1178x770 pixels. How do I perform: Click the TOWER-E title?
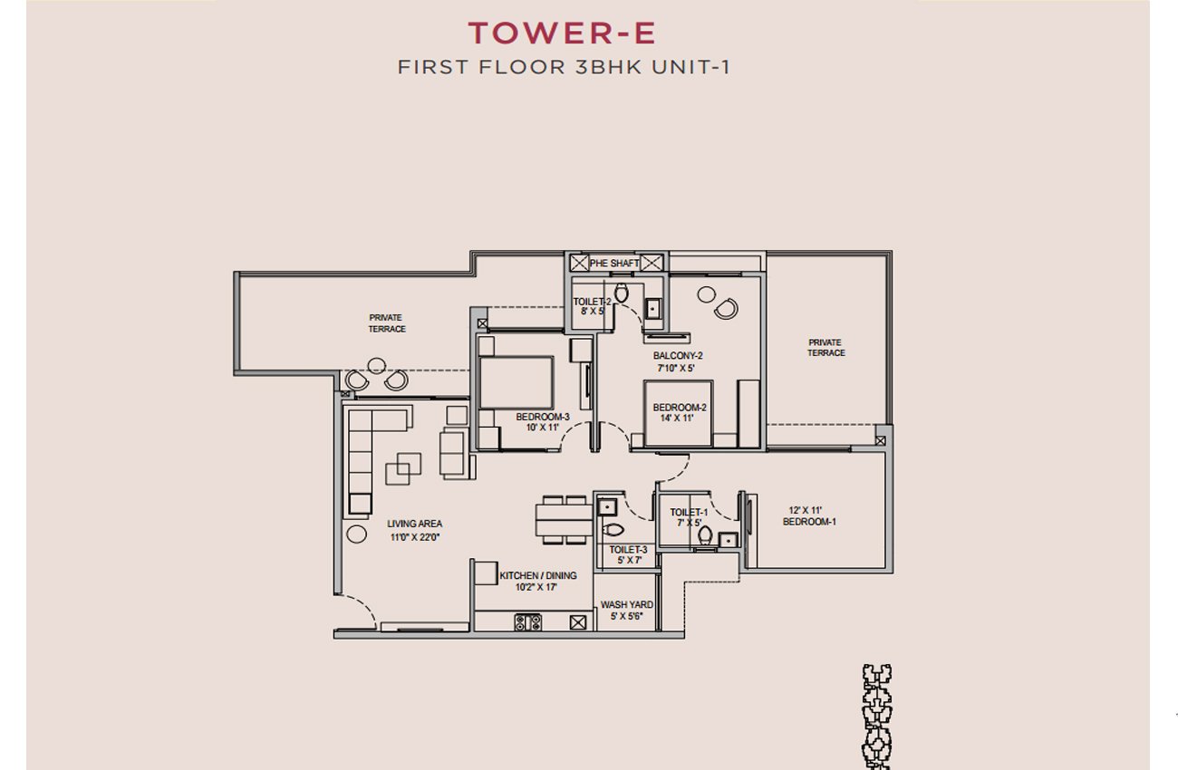tap(562, 33)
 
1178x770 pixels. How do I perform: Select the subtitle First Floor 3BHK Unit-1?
tap(564, 67)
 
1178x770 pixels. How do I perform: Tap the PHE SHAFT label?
tap(614, 263)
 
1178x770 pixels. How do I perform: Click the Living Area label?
tap(414, 524)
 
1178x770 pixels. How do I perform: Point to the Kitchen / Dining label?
tap(538, 575)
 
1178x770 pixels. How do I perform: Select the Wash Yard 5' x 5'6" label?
tap(627, 611)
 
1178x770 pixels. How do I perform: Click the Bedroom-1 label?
tap(809, 522)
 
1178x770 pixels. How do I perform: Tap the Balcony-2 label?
tap(678, 356)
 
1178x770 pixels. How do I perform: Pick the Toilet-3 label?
tap(628, 550)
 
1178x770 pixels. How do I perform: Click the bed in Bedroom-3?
tap(516, 382)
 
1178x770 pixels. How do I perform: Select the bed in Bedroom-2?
tap(679, 414)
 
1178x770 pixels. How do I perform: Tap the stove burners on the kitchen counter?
tap(528, 622)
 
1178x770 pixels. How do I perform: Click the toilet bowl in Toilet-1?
tap(705, 535)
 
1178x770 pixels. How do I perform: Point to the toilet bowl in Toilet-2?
tap(621, 294)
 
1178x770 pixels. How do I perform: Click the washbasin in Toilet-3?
tap(607, 507)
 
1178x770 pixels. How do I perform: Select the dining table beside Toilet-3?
tap(565, 520)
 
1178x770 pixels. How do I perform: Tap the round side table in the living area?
tap(356, 534)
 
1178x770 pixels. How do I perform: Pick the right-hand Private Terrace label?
tap(826, 348)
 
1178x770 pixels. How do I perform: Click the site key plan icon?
tap(876, 717)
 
